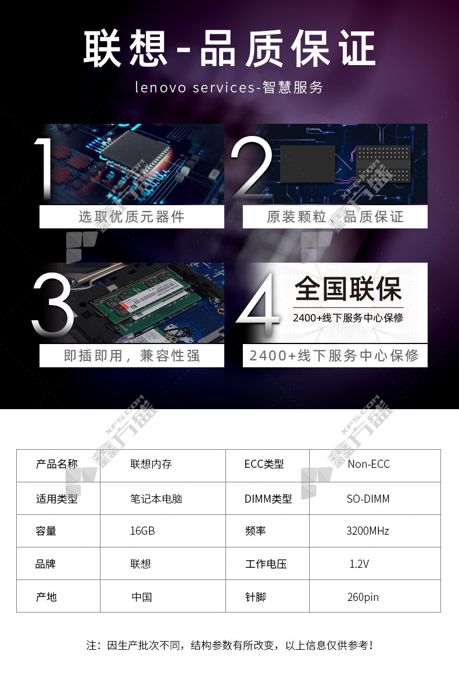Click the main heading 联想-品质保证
[x=229, y=48]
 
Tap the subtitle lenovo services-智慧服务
[x=229, y=87]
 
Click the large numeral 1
[x=44, y=169]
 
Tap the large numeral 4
[x=258, y=305]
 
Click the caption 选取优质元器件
[x=132, y=217]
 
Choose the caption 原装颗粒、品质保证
[x=335, y=217]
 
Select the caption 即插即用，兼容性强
[x=132, y=355]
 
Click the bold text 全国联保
[x=348, y=289]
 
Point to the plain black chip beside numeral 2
[x=307, y=163]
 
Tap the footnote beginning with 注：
[x=229, y=645]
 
